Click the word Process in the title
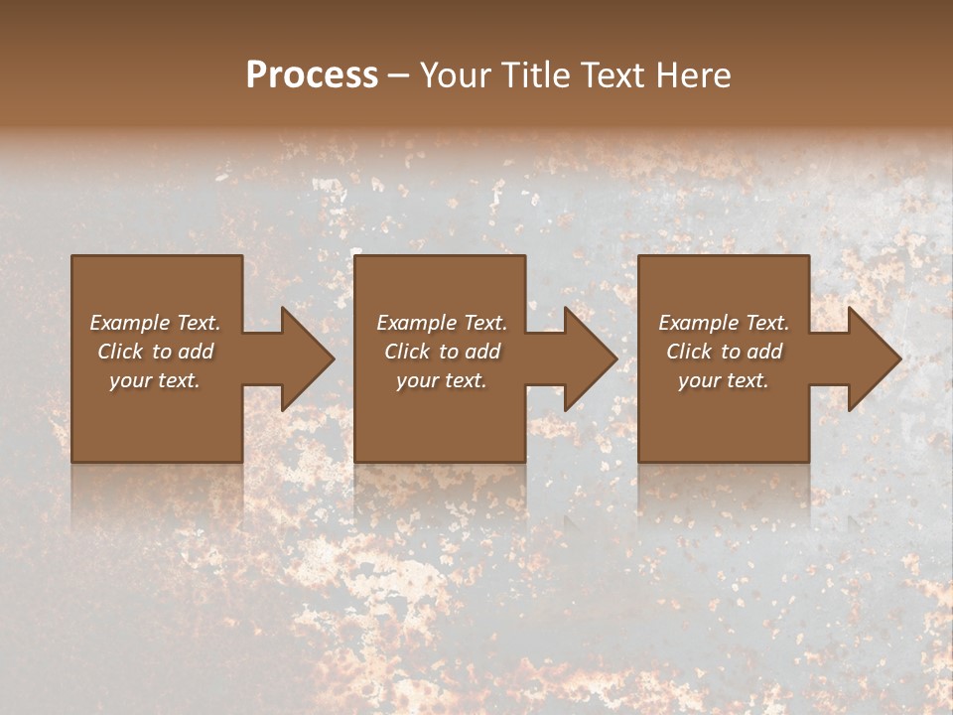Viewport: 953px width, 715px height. [312, 75]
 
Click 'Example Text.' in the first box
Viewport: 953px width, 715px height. [155, 323]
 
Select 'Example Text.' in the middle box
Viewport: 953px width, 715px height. [442, 323]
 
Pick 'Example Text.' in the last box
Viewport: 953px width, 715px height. [724, 323]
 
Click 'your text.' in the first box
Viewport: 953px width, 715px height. [155, 380]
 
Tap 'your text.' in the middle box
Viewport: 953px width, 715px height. [442, 380]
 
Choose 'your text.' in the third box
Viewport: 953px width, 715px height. [724, 380]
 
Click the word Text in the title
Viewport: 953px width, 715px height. [611, 75]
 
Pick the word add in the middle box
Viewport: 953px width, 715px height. [482, 352]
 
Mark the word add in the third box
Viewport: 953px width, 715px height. [764, 352]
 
